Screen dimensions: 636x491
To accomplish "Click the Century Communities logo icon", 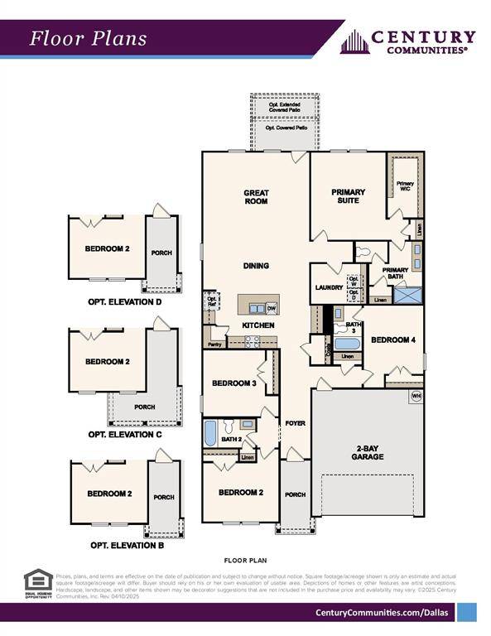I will pos(354,41).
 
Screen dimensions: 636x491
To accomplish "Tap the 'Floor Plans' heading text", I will pos(89,38).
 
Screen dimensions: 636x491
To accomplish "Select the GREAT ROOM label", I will pos(256,197).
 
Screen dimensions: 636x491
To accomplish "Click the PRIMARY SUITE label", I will pos(348,196).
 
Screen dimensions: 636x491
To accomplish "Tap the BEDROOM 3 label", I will pos(233,383).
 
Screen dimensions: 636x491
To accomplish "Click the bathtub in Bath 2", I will pos(210,433).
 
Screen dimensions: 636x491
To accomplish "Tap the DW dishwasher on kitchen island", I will pos(271,309).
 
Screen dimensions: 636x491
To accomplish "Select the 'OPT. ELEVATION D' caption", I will pos(124,302).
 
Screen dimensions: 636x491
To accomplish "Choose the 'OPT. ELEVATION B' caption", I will pos(126,546).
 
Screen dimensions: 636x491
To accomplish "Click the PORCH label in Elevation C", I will pos(144,407).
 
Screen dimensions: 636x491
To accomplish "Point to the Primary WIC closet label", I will pos(405,186).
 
